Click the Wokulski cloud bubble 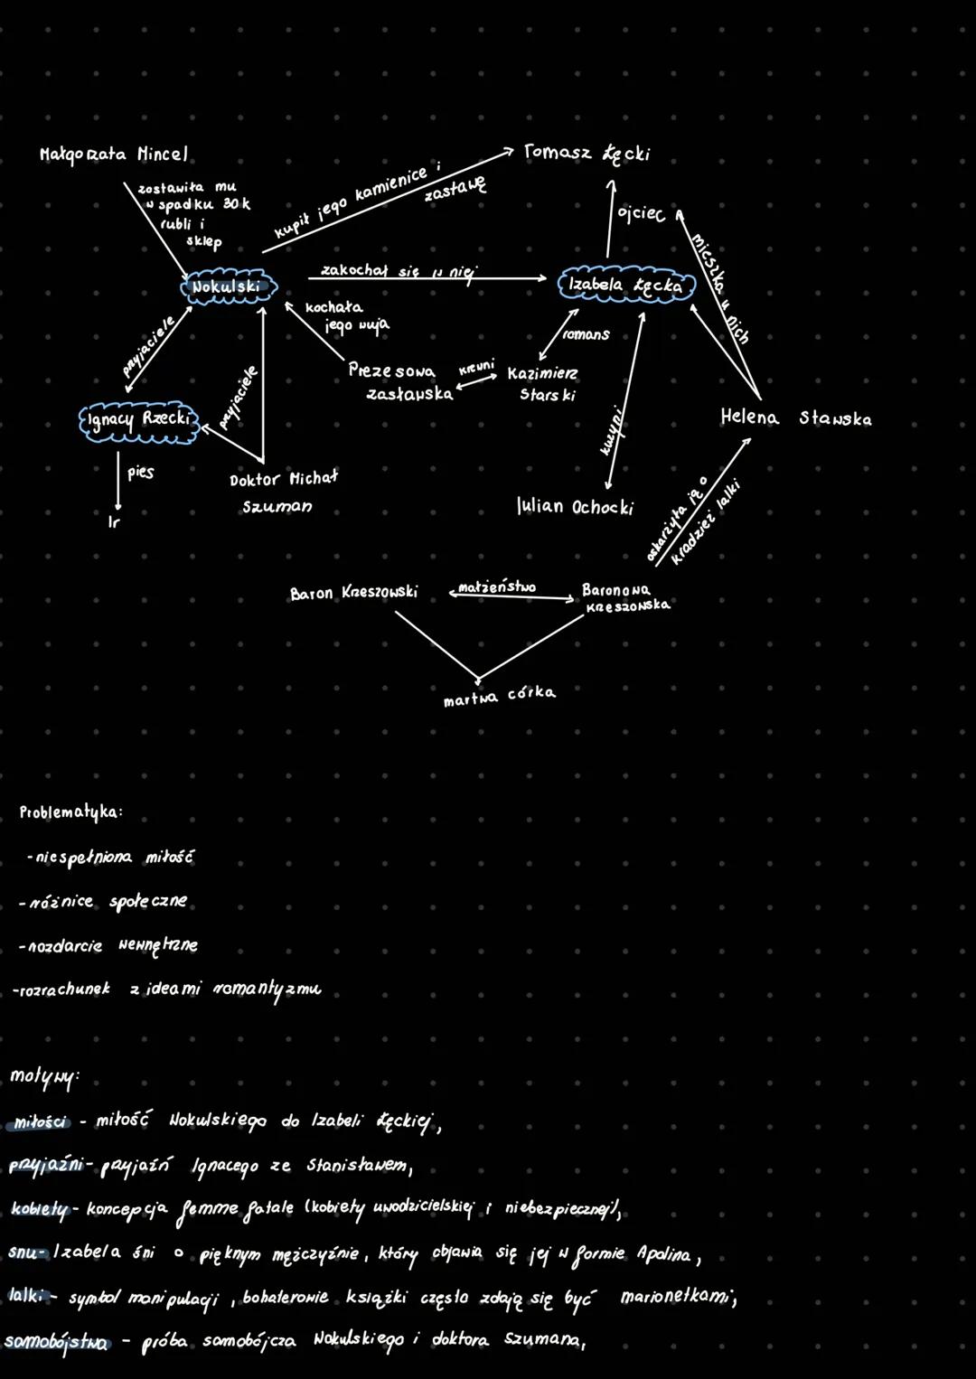(228, 287)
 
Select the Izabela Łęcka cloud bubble (626, 285)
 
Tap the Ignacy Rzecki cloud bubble (139, 420)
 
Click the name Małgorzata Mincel (114, 155)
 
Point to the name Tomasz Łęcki (587, 153)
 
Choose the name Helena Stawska (795, 417)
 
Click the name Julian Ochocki (575, 506)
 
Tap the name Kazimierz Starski (543, 383)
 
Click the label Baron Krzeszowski (353, 593)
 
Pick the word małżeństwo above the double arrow (496, 586)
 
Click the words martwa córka (499, 696)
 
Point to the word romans (586, 334)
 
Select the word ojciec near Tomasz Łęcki (641, 214)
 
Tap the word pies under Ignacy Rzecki (140, 472)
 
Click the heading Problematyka (70, 811)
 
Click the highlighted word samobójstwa (56, 1342)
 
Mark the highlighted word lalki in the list (26, 1296)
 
